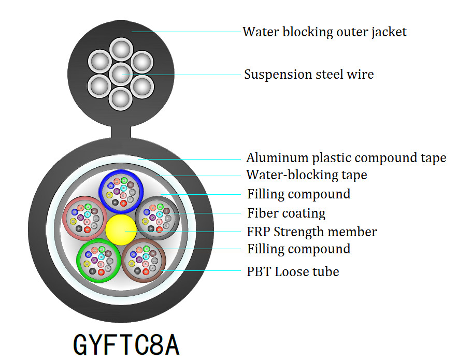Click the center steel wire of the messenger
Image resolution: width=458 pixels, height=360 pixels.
click(120, 73)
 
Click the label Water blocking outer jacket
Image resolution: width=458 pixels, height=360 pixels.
click(324, 32)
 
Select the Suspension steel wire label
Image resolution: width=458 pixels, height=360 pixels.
click(309, 75)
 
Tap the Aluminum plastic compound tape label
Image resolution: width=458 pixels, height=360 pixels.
click(346, 158)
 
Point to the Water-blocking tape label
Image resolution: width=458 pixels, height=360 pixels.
click(306, 175)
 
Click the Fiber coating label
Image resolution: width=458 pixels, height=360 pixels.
click(286, 213)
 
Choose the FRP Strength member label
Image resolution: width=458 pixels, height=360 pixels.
click(312, 232)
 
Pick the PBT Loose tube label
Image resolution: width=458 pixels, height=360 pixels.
click(293, 271)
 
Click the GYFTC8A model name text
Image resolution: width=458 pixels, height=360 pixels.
click(126, 344)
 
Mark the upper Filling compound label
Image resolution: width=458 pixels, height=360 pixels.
click(298, 194)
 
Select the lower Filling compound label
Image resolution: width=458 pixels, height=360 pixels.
click(298, 249)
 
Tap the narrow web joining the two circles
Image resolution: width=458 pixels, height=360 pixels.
click(120, 132)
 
